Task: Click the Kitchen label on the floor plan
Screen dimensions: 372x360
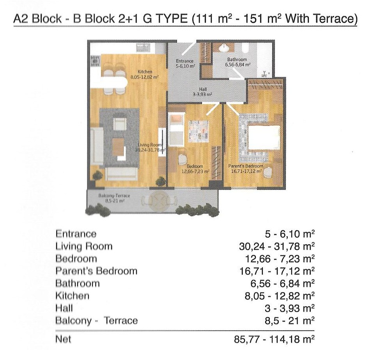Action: [x=145, y=72]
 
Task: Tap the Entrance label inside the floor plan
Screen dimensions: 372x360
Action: [x=184, y=61]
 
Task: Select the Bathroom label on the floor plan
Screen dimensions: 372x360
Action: [x=237, y=60]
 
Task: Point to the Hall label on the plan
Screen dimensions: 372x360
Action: [x=203, y=89]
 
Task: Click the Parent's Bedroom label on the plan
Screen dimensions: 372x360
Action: [x=246, y=166]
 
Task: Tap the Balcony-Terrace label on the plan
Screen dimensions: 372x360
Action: [x=114, y=196]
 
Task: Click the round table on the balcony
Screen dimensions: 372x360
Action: [x=159, y=201]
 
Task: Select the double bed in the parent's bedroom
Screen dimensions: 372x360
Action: [x=264, y=138]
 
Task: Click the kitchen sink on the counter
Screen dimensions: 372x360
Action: [x=143, y=48]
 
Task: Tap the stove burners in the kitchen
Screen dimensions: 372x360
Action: [x=96, y=61]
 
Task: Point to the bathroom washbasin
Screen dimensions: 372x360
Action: [x=223, y=48]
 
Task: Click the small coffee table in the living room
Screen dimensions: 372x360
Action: [x=118, y=147]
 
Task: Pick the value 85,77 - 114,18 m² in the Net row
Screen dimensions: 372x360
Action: [x=274, y=339]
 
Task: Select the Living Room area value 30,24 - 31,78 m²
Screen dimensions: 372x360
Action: [x=277, y=247]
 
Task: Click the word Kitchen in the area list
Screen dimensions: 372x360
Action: [x=73, y=296]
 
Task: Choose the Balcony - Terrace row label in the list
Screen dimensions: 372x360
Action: [x=97, y=321]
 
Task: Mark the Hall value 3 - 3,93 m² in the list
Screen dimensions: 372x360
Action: [x=290, y=308]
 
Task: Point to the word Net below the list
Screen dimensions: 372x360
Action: [x=63, y=339]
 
